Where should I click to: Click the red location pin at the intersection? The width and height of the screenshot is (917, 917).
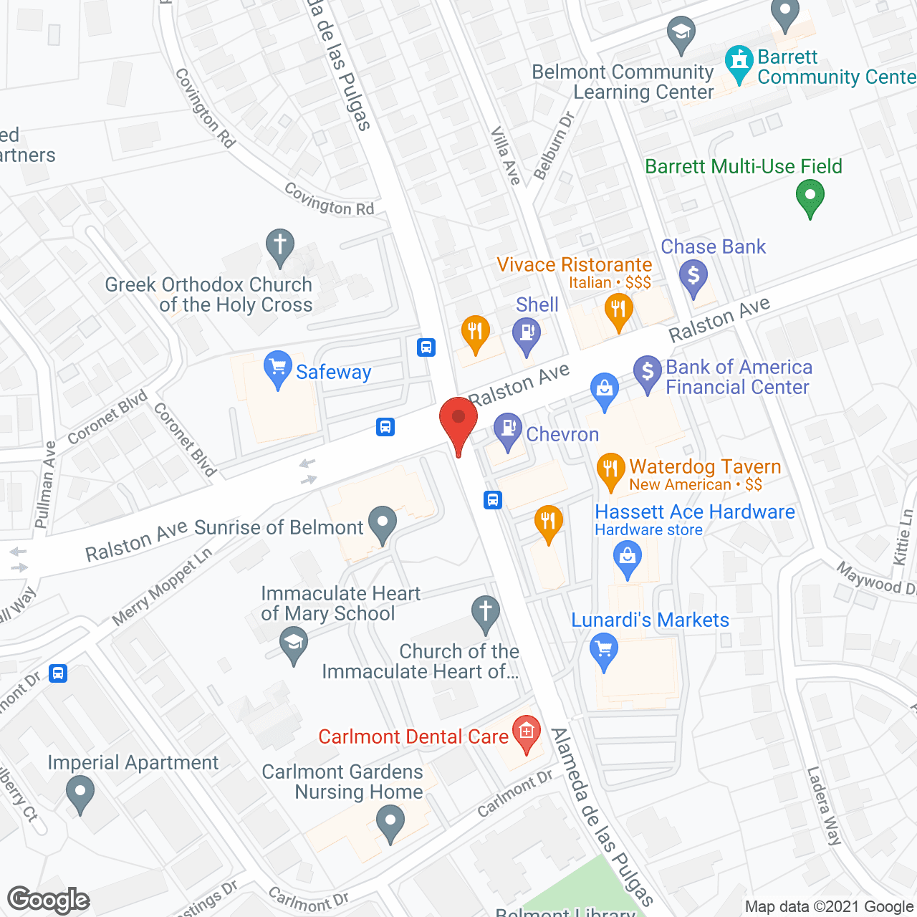click(458, 419)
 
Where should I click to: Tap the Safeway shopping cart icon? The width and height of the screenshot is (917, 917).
click(277, 368)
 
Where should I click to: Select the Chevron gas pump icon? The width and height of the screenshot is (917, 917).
click(509, 431)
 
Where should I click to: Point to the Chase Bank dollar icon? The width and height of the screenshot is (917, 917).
click(693, 277)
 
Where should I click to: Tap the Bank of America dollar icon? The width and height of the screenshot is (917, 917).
click(648, 373)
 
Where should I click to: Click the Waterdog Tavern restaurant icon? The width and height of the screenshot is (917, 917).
click(610, 470)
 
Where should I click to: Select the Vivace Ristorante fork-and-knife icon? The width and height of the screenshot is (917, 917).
click(618, 312)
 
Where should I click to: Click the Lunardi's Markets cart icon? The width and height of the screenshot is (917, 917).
click(604, 652)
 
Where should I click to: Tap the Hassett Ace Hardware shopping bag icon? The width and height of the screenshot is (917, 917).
click(628, 558)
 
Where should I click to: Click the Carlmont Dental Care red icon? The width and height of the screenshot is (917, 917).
click(527, 733)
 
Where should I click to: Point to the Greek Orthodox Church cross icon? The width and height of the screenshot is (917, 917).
click(280, 246)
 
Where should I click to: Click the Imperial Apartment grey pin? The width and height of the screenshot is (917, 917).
click(80, 794)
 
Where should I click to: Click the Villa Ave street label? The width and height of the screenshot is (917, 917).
click(506, 155)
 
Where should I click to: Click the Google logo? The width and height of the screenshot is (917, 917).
click(49, 900)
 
